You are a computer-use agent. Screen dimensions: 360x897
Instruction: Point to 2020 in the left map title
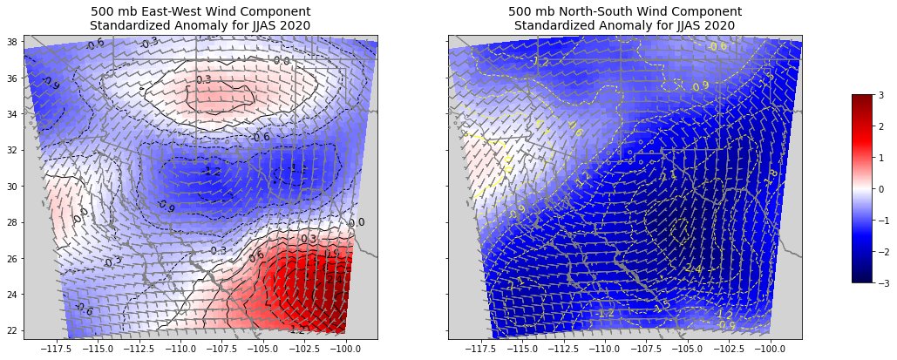pos(294,25)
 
